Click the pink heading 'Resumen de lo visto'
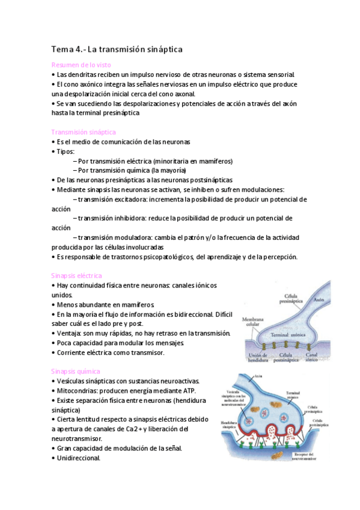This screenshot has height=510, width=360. pyautogui.click(x=81, y=65)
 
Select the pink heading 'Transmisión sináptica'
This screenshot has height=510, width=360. pyautogui.click(x=84, y=132)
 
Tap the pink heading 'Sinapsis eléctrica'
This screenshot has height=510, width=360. pyautogui.click(x=77, y=275)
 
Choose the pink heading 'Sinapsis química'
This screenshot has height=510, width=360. pyautogui.click(x=76, y=371)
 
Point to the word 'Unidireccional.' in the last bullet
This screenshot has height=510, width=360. pyautogui.click(x=78, y=457)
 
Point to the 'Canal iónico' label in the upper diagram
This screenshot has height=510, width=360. pyautogui.click(x=331, y=358)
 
